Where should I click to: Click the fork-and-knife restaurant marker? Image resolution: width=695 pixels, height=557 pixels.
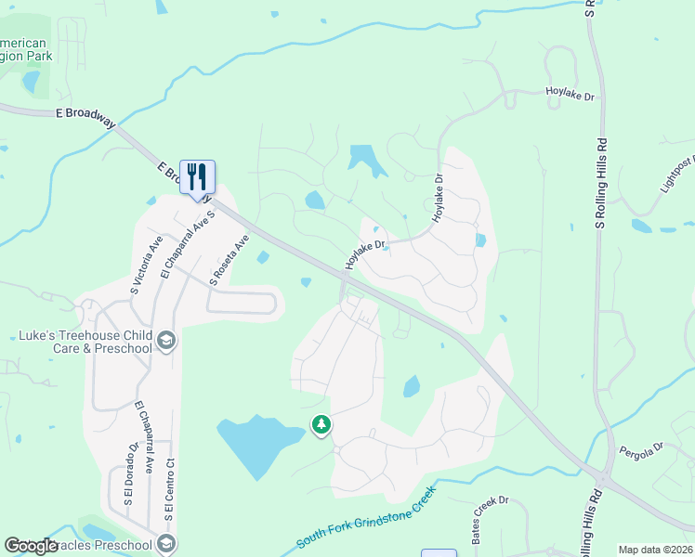(197, 175)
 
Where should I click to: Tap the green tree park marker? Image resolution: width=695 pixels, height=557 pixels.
(321, 424)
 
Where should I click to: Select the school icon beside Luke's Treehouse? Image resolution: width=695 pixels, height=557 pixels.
(166, 341)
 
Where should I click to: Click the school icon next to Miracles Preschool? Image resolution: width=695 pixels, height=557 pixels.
(166, 543)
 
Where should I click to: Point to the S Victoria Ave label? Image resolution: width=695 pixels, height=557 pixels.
(147, 265)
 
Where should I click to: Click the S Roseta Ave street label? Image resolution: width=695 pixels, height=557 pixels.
(230, 257)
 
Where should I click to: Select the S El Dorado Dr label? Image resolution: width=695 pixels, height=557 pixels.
(133, 474)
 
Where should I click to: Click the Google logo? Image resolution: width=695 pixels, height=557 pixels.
(31, 546)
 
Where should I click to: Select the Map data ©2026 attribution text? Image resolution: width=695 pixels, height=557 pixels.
(655, 550)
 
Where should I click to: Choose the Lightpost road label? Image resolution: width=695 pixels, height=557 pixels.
(677, 175)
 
